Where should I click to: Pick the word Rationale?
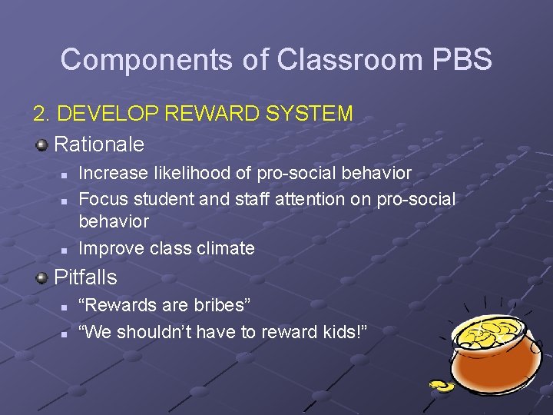point(99,144)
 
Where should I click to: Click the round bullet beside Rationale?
point(43,144)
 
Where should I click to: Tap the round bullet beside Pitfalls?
point(43,277)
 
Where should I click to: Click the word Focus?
point(104,199)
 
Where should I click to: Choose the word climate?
point(224,248)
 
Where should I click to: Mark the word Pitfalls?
point(85,277)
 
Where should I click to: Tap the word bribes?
point(223,305)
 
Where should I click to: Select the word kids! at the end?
point(343,331)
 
